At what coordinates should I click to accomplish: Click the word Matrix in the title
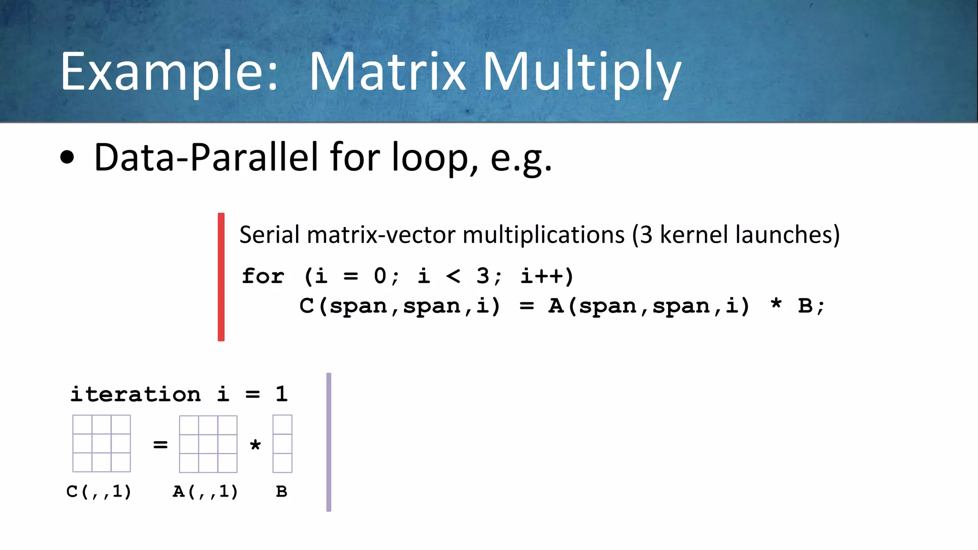(x=387, y=72)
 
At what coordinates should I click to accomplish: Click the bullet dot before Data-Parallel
(x=67, y=158)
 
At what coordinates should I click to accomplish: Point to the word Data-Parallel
(x=206, y=158)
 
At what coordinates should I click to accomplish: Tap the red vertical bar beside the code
(x=221, y=277)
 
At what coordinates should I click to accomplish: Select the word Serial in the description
(x=270, y=235)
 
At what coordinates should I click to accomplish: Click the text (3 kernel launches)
(x=735, y=235)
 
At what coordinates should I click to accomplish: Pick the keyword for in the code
(x=263, y=276)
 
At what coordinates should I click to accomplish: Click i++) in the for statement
(x=547, y=276)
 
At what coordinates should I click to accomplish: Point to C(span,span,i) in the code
(x=400, y=306)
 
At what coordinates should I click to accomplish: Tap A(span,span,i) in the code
(x=649, y=306)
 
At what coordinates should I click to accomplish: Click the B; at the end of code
(x=811, y=306)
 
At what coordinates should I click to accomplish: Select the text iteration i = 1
(x=179, y=394)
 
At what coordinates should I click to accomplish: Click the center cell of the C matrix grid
(x=101, y=444)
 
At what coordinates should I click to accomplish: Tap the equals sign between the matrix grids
(x=160, y=444)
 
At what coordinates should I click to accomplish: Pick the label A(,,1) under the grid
(x=205, y=491)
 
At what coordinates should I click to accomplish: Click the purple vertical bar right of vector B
(x=329, y=442)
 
